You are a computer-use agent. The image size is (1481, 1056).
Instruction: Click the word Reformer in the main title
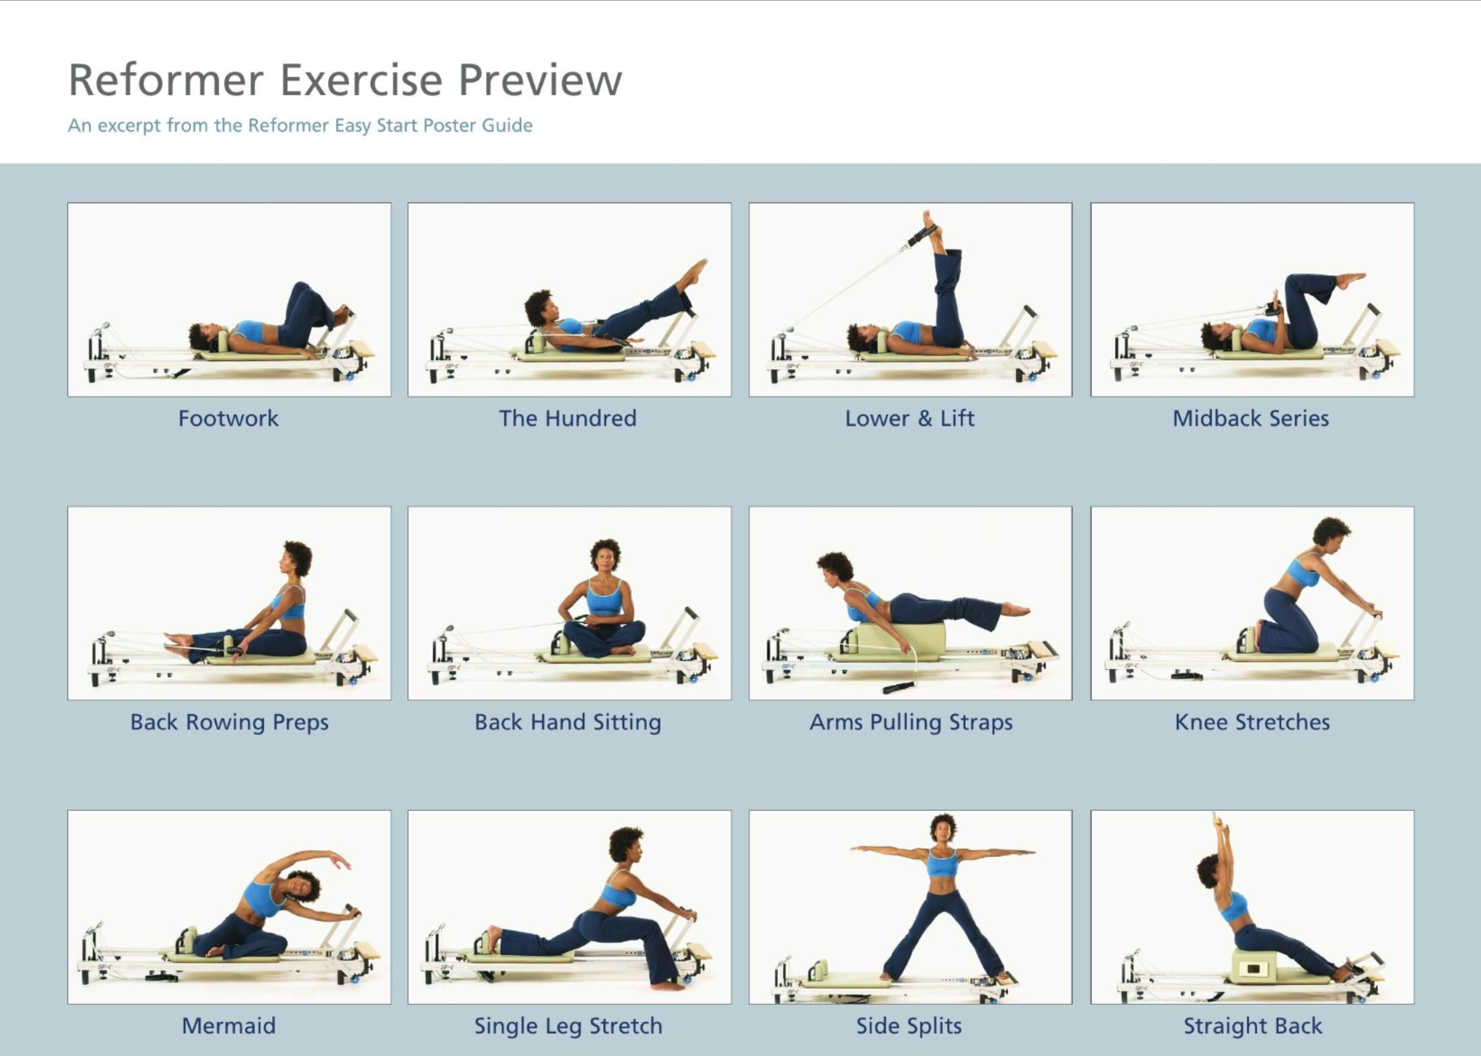[x=166, y=81]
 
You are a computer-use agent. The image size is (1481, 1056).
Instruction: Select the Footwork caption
[x=228, y=419]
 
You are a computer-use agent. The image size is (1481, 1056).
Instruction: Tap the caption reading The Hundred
[x=567, y=419]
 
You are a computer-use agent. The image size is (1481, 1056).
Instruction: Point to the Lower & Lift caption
[x=909, y=419]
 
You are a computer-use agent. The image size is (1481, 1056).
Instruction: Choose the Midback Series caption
[x=1251, y=419]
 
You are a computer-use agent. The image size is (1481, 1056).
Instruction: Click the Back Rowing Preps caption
[x=229, y=722]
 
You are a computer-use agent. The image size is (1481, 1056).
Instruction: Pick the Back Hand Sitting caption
[x=567, y=722]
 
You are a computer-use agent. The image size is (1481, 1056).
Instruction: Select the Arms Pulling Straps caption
[x=911, y=722]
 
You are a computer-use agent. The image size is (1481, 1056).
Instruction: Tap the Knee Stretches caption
[x=1252, y=722]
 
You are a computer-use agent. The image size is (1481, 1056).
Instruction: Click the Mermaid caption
[x=229, y=1026]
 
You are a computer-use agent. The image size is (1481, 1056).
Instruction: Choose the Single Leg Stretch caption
[x=568, y=1026]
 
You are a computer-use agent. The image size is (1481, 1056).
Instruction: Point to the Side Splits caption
[x=909, y=1026]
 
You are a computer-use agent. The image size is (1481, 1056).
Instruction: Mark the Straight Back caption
[x=1253, y=1026]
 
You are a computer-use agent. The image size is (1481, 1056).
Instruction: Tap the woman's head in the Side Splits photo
[x=942, y=827]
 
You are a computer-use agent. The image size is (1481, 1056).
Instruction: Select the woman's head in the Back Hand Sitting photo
[x=605, y=555]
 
